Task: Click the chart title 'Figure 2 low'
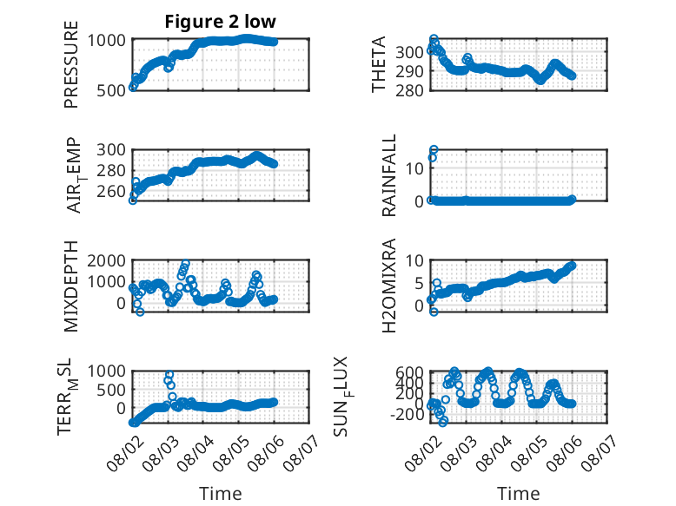tap(221, 21)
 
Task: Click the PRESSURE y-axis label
tap(71, 64)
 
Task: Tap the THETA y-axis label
tap(379, 64)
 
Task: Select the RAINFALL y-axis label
tap(389, 175)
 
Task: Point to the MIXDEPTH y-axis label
tap(71, 286)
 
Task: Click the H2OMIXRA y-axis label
tap(389, 286)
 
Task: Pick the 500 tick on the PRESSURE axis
tap(111, 91)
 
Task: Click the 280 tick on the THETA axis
tap(409, 90)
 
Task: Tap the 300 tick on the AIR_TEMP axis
tap(111, 150)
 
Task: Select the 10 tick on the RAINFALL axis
tap(414, 168)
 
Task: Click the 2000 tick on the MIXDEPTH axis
tap(106, 260)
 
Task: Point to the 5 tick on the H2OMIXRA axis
tap(419, 283)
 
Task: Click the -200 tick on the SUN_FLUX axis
tap(407, 414)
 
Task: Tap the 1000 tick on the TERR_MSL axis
tap(106, 371)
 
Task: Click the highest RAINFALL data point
tap(434, 150)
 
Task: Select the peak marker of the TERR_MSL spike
tap(169, 374)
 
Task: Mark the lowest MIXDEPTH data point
tap(140, 312)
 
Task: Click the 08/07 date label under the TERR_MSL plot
tap(301, 452)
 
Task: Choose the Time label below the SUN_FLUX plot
tap(518, 493)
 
